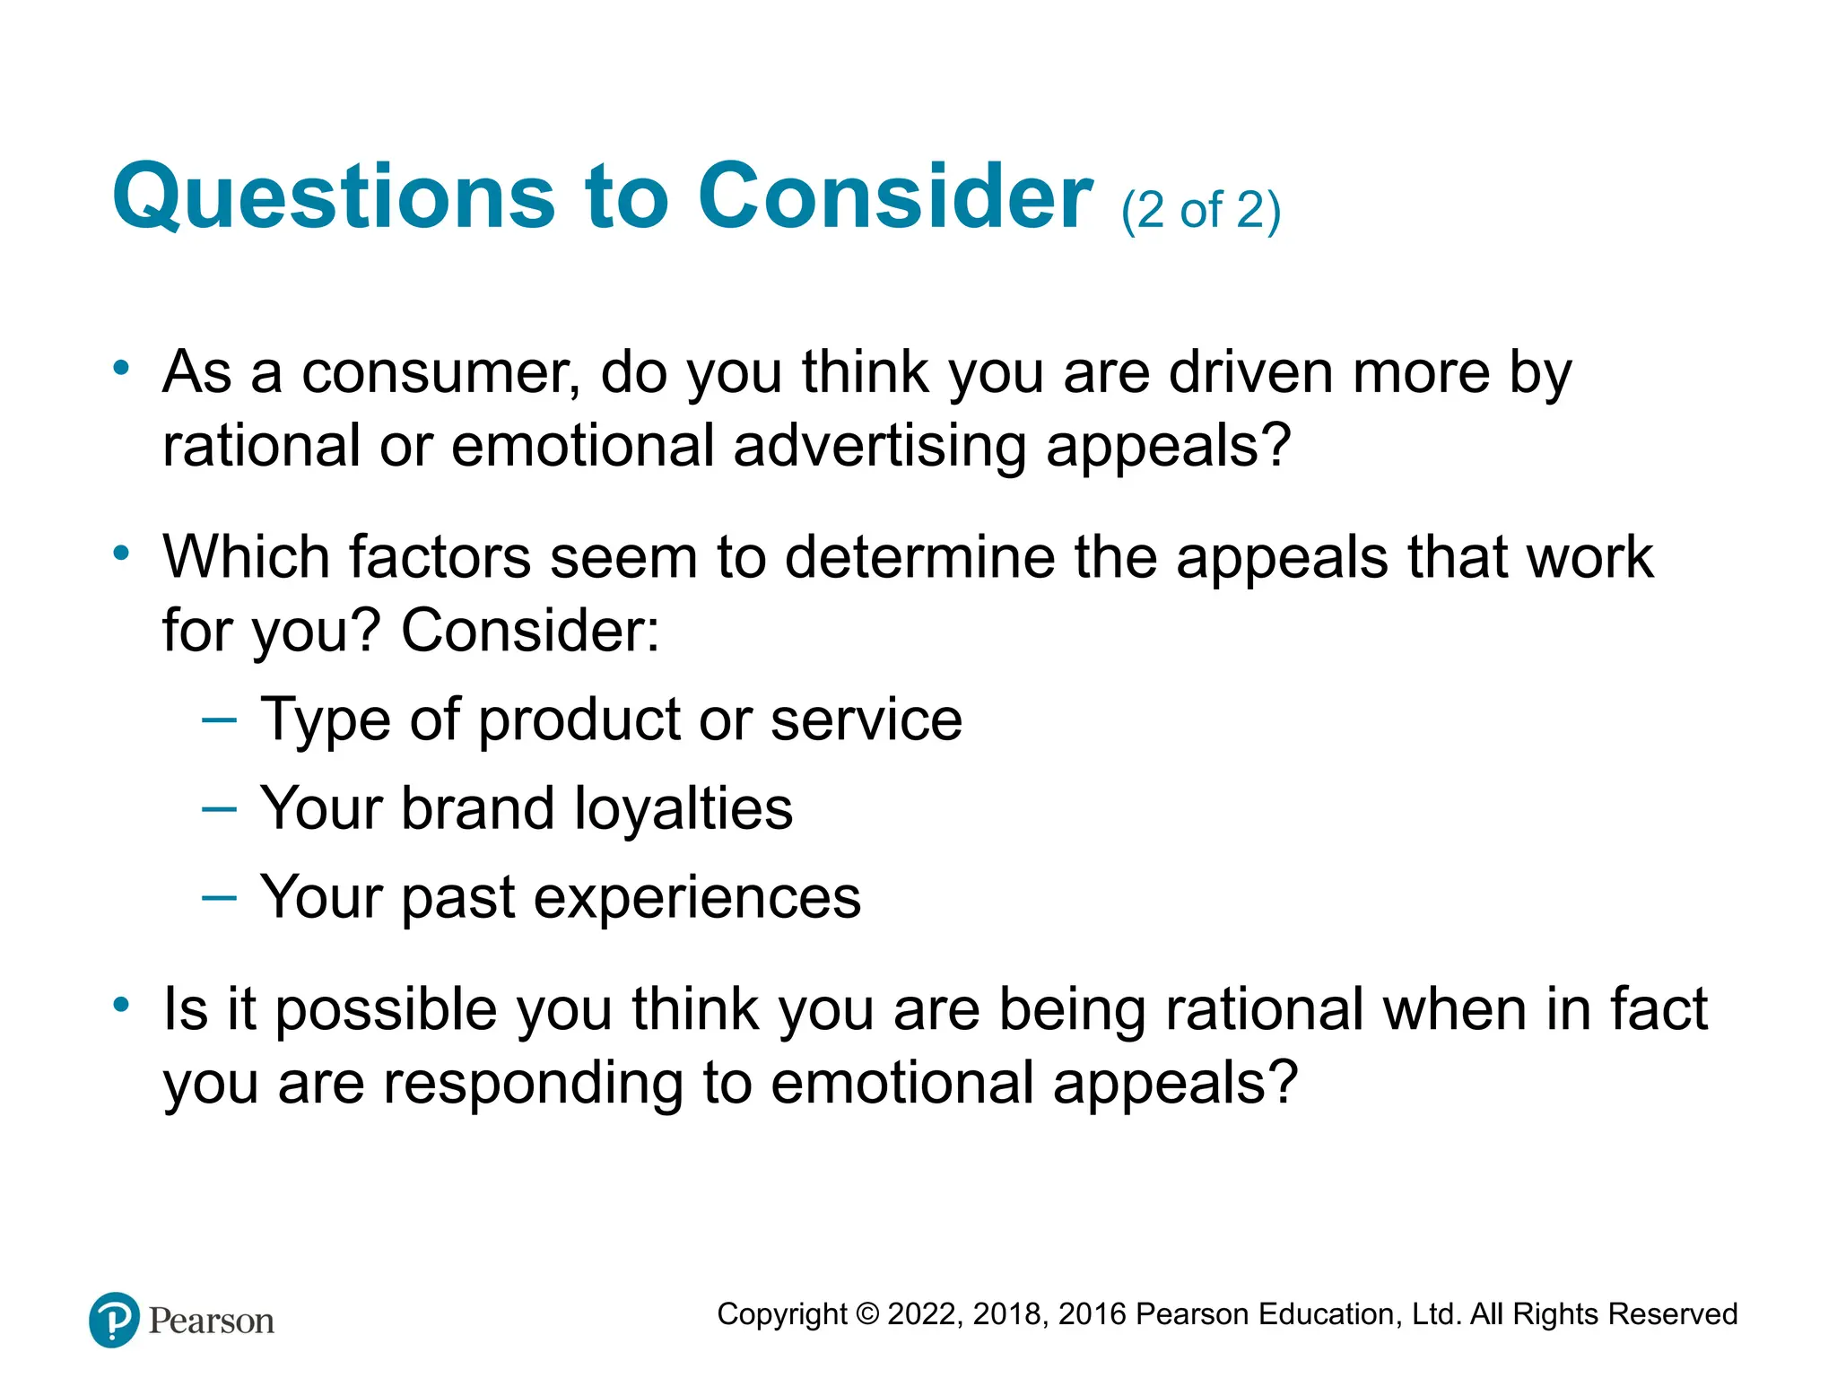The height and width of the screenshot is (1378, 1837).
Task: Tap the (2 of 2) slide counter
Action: tap(1200, 212)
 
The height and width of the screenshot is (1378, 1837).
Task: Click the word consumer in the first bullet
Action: tap(440, 372)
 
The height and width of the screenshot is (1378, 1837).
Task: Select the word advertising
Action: tap(879, 446)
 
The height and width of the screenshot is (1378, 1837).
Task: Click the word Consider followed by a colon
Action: tap(529, 631)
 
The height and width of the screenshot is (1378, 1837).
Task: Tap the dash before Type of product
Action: tap(220, 720)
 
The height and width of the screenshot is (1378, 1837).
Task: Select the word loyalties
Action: tap(683, 808)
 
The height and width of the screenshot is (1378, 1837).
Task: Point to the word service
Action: tap(866, 720)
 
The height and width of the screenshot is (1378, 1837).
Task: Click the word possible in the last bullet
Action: tap(386, 1010)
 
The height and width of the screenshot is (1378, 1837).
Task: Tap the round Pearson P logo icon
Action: tap(115, 1320)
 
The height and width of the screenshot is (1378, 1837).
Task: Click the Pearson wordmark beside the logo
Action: tap(212, 1321)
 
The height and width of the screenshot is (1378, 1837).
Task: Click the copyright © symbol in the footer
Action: tap(867, 1314)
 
